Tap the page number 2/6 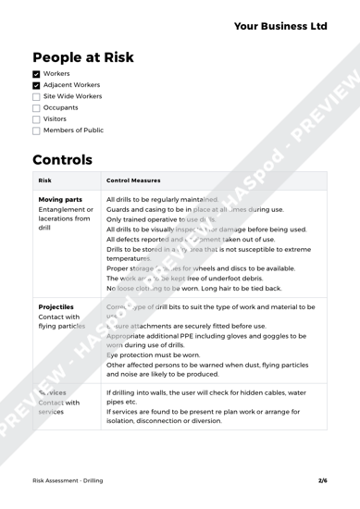click(x=322, y=482)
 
